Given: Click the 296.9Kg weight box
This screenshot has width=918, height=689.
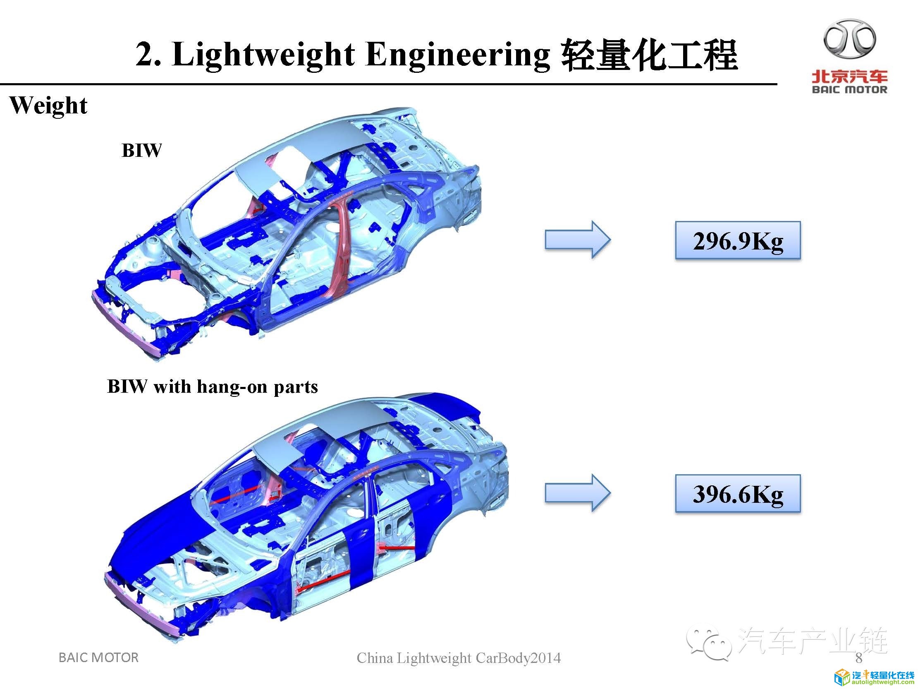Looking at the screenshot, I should pyautogui.click(x=737, y=241).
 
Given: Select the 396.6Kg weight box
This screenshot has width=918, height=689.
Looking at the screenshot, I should pyautogui.click(x=737, y=494).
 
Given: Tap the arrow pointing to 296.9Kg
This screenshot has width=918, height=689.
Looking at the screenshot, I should pyautogui.click(x=577, y=240).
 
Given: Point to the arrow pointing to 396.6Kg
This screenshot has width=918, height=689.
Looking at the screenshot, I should pyautogui.click(x=577, y=493).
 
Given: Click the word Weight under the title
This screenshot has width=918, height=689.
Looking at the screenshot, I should pyautogui.click(x=48, y=106).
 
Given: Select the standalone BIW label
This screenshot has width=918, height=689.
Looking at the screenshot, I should pyautogui.click(x=141, y=150).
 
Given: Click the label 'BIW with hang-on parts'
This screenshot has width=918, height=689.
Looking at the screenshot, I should pyautogui.click(x=213, y=387).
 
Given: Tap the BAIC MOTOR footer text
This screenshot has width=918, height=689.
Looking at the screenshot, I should pyautogui.click(x=98, y=658).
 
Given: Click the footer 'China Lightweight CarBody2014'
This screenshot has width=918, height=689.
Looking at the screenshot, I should pyautogui.click(x=459, y=658).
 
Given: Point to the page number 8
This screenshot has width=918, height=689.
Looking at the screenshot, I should pyautogui.click(x=858, y=658).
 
